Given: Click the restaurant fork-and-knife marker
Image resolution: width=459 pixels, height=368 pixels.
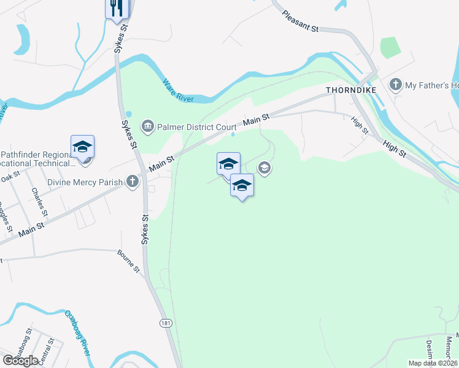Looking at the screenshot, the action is pyautogui.click(x=116, y=9).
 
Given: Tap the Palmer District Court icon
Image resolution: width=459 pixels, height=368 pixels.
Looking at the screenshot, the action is pyautogui.click(x=148, y=127).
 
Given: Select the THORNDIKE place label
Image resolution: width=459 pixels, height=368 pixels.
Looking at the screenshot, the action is pyautogui.click(x=350, y=90).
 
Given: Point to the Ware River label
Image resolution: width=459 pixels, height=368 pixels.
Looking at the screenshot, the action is pyautogui.click(x=178, y=90).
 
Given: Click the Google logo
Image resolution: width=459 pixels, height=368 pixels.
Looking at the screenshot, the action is pyautogui.click(x=20, y=361).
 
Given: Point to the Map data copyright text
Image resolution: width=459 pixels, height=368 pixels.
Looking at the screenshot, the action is pyautogui.click(x=433, y=363).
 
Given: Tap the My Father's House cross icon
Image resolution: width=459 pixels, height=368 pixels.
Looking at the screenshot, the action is pyautogui.click(x=396, y=85).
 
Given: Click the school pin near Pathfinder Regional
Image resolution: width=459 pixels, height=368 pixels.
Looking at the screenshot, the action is pyautogui.click(x=82, y=147).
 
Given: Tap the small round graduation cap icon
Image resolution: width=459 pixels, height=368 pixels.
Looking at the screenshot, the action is pyautogui.click(x=264, y=167).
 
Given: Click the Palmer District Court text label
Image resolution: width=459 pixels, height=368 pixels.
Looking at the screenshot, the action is pyautogui.click(x=197, y=127).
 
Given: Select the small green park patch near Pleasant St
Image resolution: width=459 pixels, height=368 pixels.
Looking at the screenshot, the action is pyautogui.click(x=390, y=47).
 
